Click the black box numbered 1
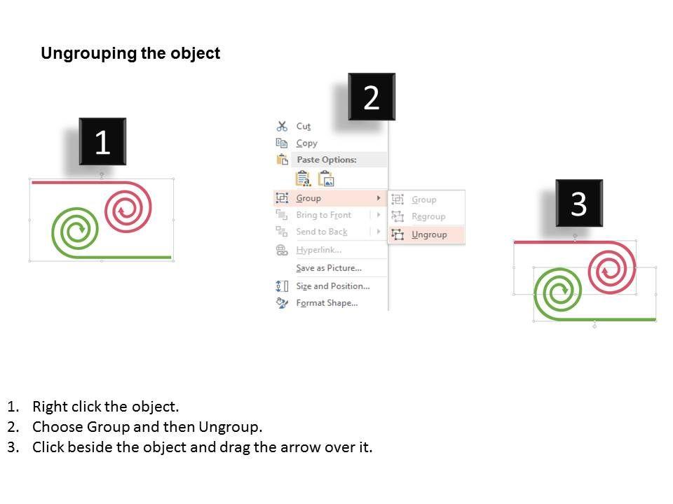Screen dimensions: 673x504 coord(102,142)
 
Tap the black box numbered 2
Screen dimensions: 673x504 coord(372,97)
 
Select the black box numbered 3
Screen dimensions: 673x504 coord(578,204)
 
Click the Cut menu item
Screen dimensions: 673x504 coord(303,126)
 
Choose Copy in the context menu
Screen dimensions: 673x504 coord(306,143)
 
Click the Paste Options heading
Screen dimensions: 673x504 coord(326,160)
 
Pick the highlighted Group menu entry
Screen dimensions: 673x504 coord(308,198)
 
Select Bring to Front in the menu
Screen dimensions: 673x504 coord(323,215)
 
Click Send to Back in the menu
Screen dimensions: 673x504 coord(321,232)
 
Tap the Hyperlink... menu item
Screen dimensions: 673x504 coord(318,250)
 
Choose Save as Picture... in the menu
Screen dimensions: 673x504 coord(328,268)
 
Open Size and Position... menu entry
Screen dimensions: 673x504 coord(332,286)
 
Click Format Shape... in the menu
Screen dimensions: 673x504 coord(327,303)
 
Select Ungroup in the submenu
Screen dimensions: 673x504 coord(429,234)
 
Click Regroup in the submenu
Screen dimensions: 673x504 coord(428,216)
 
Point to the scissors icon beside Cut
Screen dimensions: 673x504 coord(282,126)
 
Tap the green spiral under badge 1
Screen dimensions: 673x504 coord(75,229)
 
